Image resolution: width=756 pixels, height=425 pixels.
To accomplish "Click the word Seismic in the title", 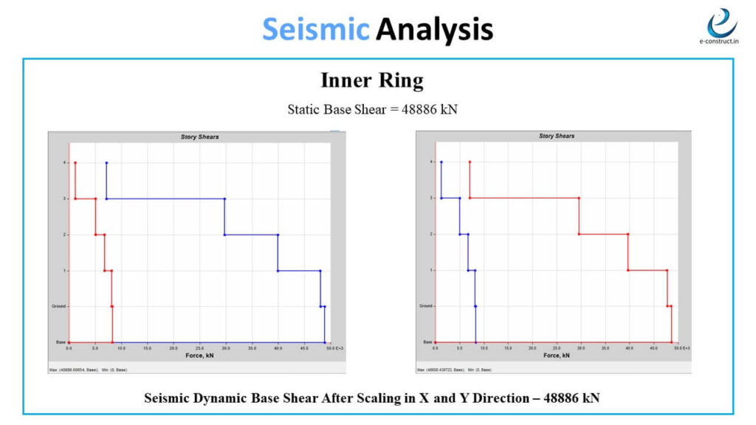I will [315, 30].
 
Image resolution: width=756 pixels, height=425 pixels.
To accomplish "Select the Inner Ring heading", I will [372, 80].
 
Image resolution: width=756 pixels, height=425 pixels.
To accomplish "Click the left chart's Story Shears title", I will [199, 137].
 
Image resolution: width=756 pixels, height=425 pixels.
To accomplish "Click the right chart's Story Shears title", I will [557, 137].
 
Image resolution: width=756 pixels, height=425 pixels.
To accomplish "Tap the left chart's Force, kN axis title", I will [199, 356].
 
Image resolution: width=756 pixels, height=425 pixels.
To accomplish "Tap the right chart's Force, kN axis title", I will [557, 356].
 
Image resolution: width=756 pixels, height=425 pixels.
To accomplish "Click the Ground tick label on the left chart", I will [58, 306].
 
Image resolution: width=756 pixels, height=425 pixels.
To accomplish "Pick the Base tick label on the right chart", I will [426, 342].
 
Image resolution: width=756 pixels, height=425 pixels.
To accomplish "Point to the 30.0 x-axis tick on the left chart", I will [226, 348].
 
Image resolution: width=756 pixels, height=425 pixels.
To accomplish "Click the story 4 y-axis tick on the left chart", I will [65, 162].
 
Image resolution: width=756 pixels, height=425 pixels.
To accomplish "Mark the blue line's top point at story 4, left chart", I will [106, 162].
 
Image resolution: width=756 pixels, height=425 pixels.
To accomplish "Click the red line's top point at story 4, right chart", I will [470, 162].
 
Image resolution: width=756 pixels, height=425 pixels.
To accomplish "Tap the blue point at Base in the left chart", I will [324, 342].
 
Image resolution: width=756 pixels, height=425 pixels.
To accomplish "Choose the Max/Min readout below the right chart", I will [455, 369].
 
